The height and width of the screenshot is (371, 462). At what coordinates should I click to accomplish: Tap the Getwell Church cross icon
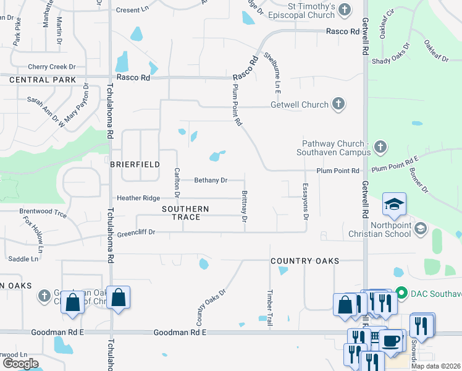[338, 104]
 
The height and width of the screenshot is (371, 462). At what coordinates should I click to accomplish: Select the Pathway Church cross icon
[380, 147]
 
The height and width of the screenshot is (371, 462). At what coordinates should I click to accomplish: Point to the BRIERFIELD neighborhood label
[135, 164]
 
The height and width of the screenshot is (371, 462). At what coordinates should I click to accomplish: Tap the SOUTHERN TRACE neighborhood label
[185, 213]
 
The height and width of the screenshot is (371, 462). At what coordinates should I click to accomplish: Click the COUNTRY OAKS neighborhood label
[305, 261]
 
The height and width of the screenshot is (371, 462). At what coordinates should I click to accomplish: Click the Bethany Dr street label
[211, 181]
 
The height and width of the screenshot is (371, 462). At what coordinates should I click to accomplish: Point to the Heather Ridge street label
[139, 198]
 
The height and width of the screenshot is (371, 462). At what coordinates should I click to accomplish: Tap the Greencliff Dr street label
[135, 232]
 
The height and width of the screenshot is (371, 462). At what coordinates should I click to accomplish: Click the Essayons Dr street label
[305, 202]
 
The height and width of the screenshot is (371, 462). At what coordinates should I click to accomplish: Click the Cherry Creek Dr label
[51, 67]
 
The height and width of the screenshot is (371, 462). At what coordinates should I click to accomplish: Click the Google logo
[20, 363]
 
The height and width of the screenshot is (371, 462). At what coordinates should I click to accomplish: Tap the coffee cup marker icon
[392, 341]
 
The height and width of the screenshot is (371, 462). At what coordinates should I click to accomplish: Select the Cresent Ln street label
[133, 10]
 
